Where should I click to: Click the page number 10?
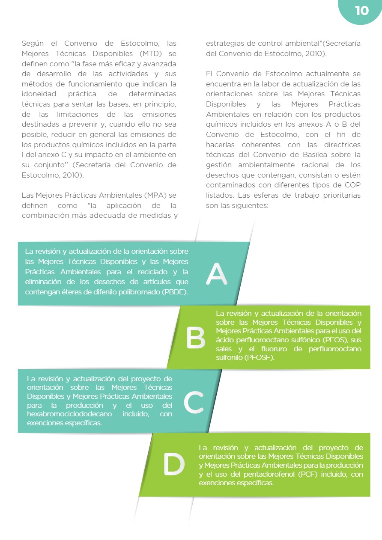pyautogui.click(x=361, y=11)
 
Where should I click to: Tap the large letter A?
pyautogui.click(x=216, y=274)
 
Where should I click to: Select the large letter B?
pyautogui.click(x=196, y=338)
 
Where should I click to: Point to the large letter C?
pyautogui.click(x=194, y=403)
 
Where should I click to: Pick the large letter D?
pyautogui.click(x=174, y=465)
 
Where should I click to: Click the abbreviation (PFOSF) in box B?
pyautogui.click(x=260, y=358)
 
